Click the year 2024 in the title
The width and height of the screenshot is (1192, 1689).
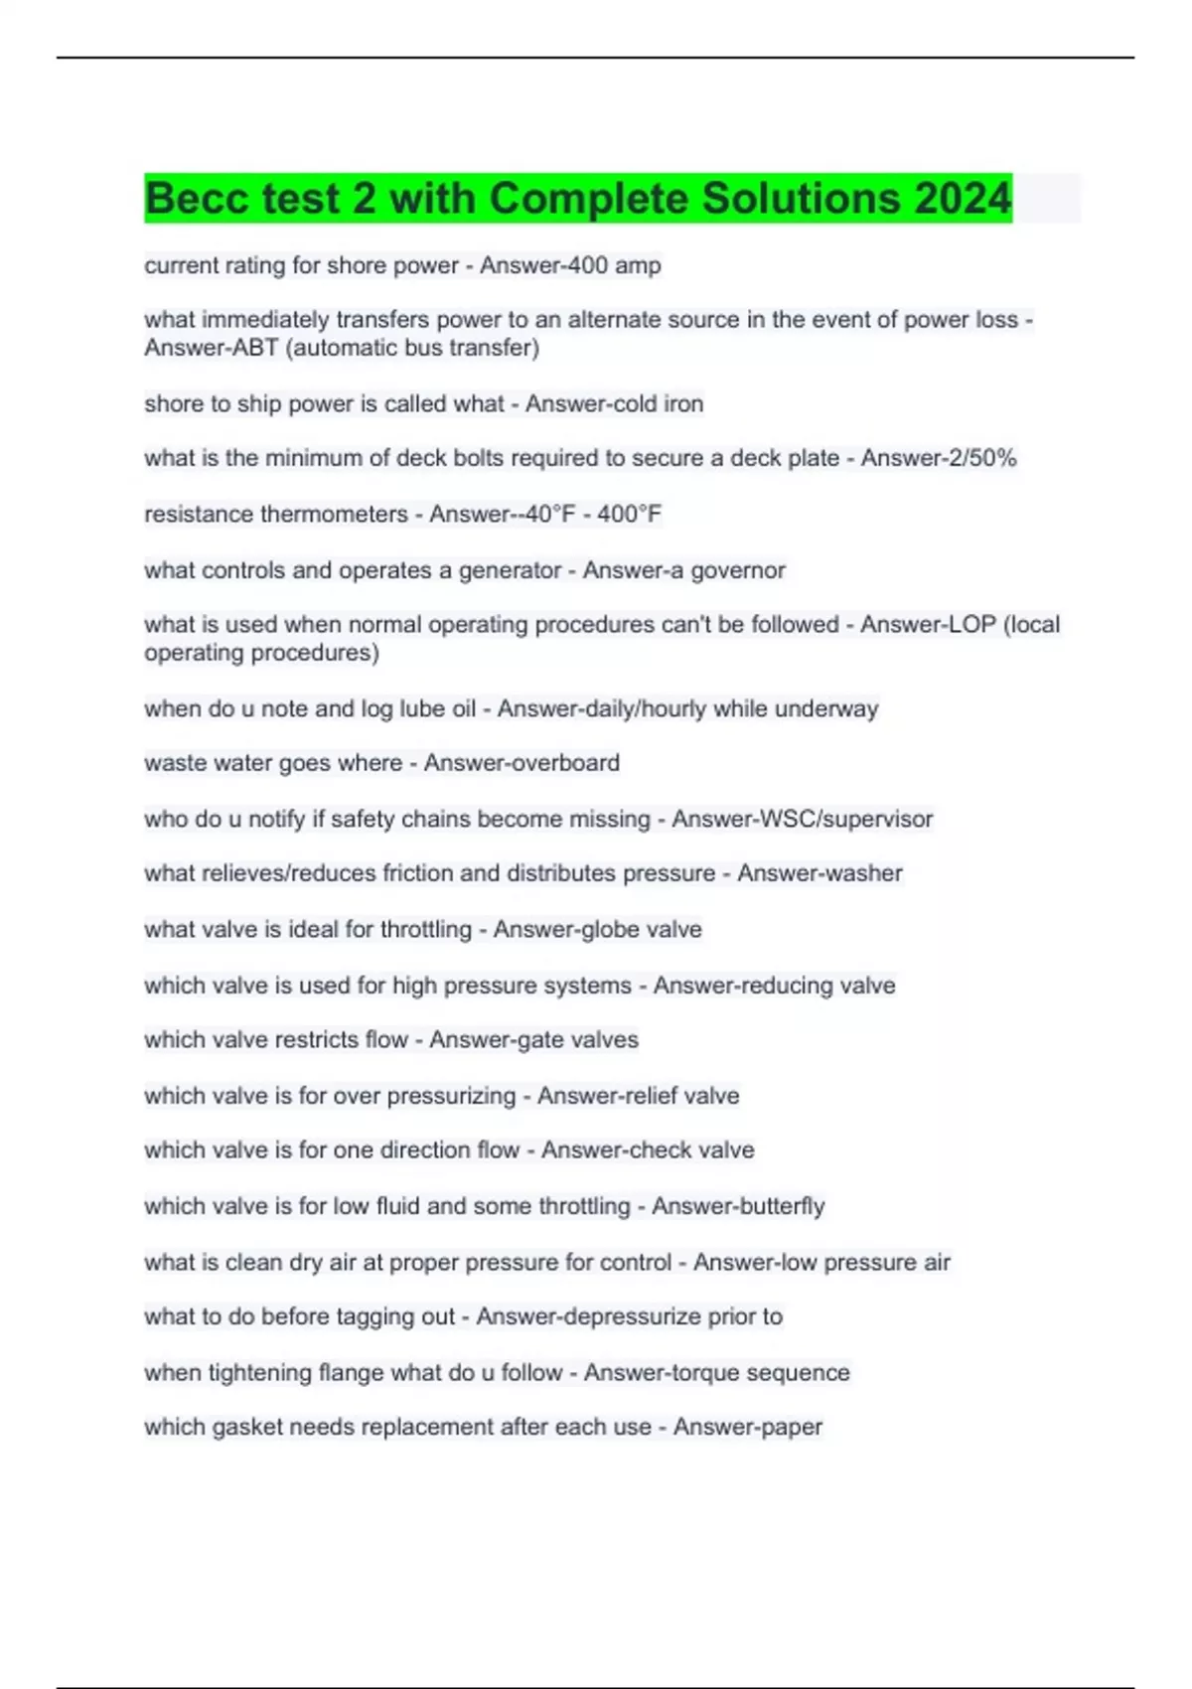[962, 198]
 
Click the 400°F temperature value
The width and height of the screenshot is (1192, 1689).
[629, 514]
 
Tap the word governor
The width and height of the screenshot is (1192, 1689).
[737, 570]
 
